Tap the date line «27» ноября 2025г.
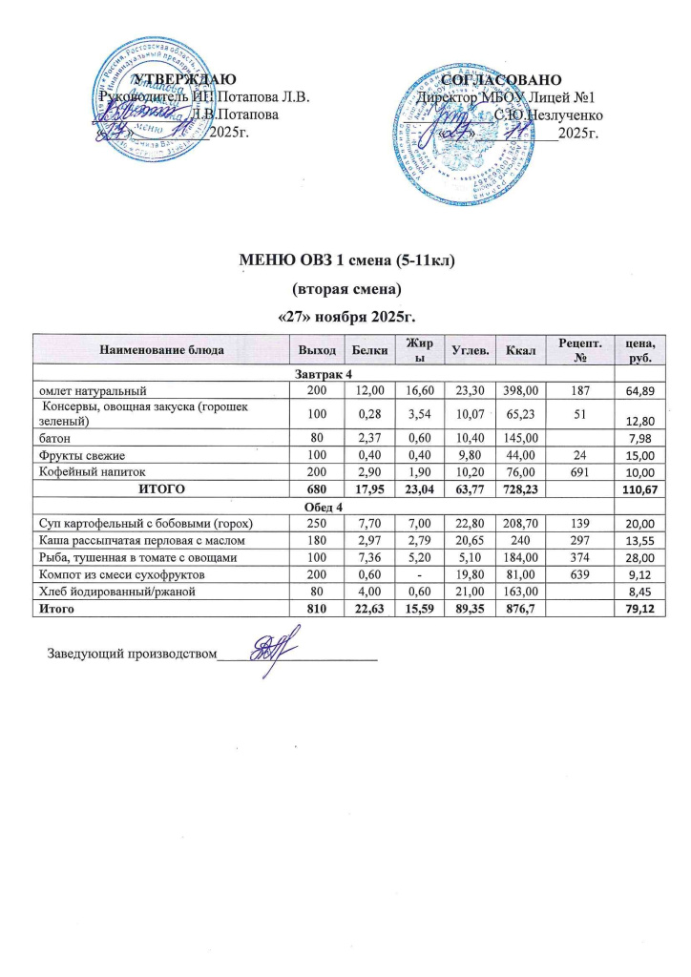(x=345, y=314)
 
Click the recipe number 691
(x=576, y=472)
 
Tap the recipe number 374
(x=576, y=558)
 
